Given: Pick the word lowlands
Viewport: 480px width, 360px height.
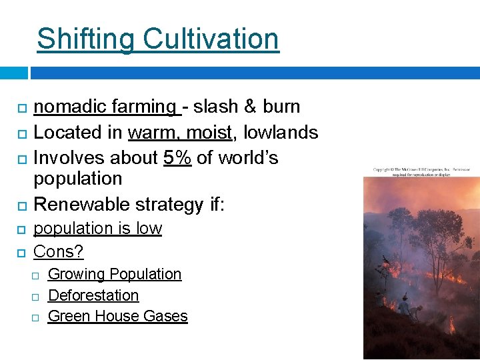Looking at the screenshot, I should click(x=281, y=133).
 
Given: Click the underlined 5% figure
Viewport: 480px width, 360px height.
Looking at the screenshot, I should click(x=177, y=158).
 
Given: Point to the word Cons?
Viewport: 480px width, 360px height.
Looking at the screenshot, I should click(x=59, y=251).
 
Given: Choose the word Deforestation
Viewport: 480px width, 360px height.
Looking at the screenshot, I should click(x=93, y=295).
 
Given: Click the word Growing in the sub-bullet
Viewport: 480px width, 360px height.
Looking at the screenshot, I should click(x=77, y=274).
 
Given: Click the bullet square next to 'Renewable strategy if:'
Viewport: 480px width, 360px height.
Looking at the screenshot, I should click(x=21, y=204).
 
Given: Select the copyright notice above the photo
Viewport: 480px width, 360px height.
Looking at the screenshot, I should click(x=421, y=173).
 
